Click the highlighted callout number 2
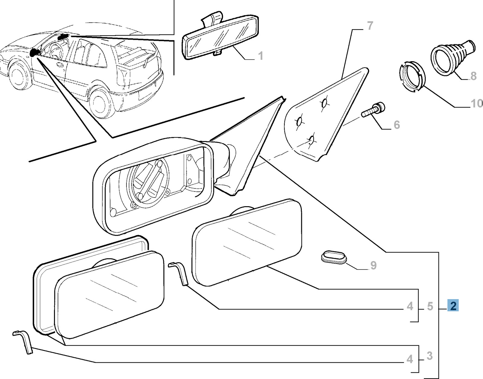click(453, 306)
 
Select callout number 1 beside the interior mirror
click(261, 56)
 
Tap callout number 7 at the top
click(370, 26)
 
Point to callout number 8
click(473, 76)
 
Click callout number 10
click(476, 104)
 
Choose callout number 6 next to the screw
click(397, 125)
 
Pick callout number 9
click(373, 265)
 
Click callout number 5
click(430, 306)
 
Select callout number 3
click(430, 356)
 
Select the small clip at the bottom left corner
click(24, 342)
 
